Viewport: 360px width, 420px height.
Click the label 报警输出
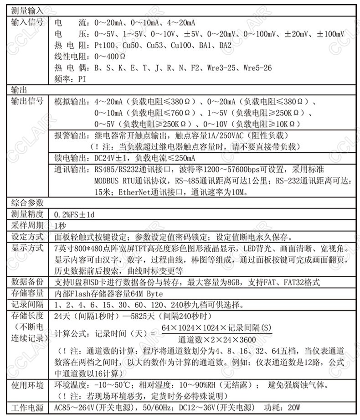(69, 135)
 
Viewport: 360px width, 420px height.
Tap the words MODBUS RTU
(118, 180)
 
